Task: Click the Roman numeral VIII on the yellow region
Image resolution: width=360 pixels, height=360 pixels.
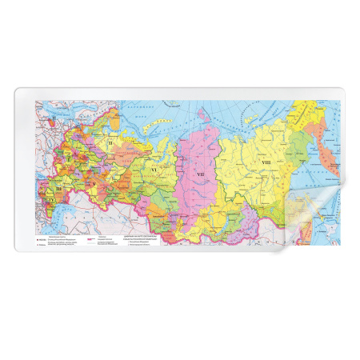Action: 266,162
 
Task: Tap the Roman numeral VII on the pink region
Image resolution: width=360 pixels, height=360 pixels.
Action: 201,174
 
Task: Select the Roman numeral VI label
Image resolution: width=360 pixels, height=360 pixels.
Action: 153,170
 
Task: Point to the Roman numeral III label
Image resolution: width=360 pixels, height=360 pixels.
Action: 60,187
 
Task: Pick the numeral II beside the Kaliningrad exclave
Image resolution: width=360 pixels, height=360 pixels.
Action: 54,119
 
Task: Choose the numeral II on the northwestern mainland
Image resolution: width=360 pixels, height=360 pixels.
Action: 110,143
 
